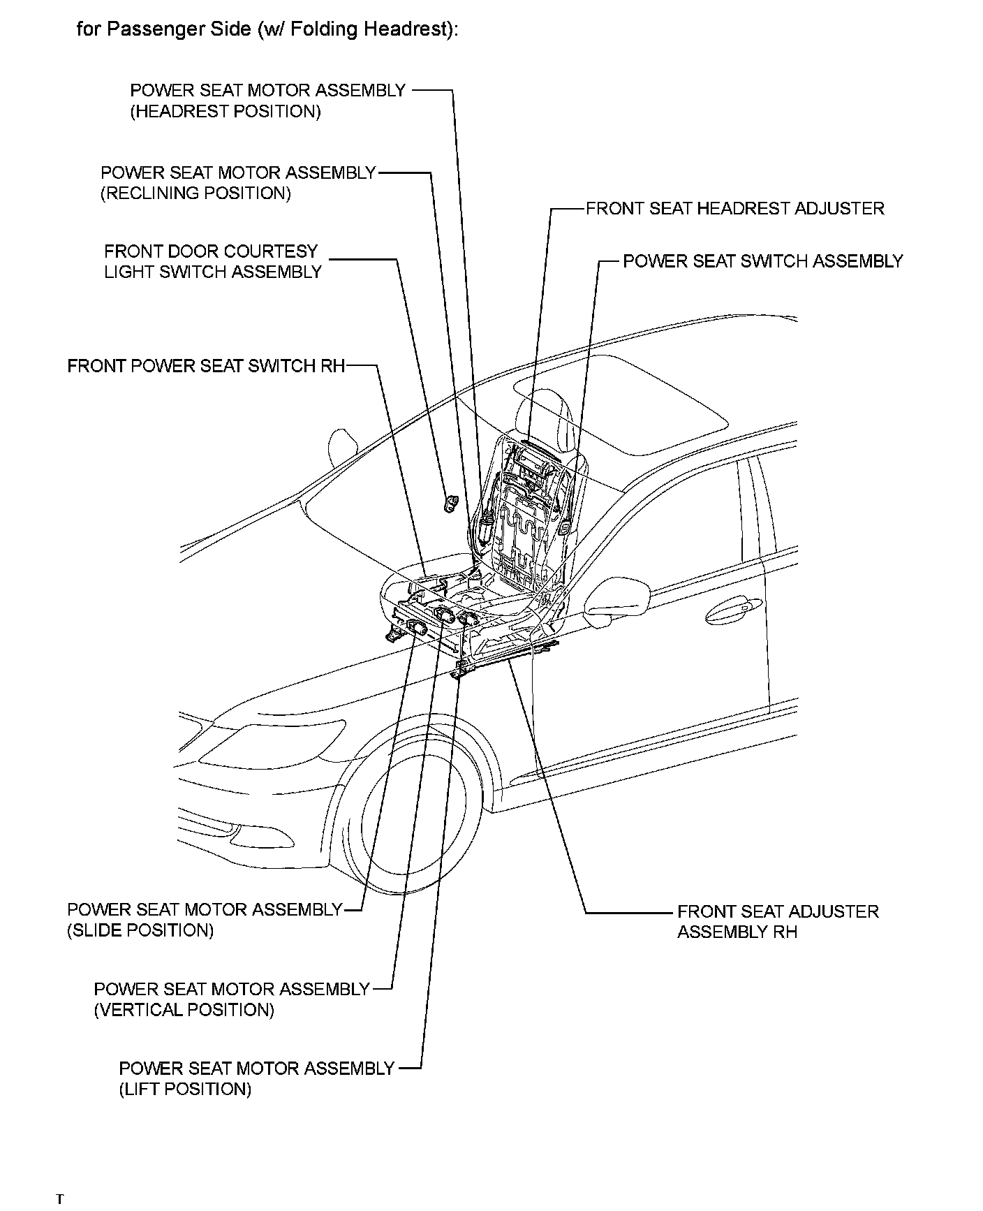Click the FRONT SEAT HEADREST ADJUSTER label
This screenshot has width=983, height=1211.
pos(734,209)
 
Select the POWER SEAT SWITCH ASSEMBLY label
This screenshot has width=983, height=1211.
pos(762,261)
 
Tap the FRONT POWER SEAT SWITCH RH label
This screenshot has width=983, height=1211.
pos(206,367)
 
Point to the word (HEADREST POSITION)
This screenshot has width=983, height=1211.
pos(226,112)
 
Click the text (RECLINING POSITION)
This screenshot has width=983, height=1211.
pos(195,193)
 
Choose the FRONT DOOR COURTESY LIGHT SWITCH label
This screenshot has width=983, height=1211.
pos(212,262)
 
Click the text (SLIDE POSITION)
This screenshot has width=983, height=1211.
pos(140,930)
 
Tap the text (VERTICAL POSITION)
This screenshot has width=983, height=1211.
pos(184,1010)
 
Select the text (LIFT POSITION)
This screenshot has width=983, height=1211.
pos(184,1089)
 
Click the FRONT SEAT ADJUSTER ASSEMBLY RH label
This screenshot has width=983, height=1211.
pos(777,921)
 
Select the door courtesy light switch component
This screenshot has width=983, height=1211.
pos(451,502)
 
